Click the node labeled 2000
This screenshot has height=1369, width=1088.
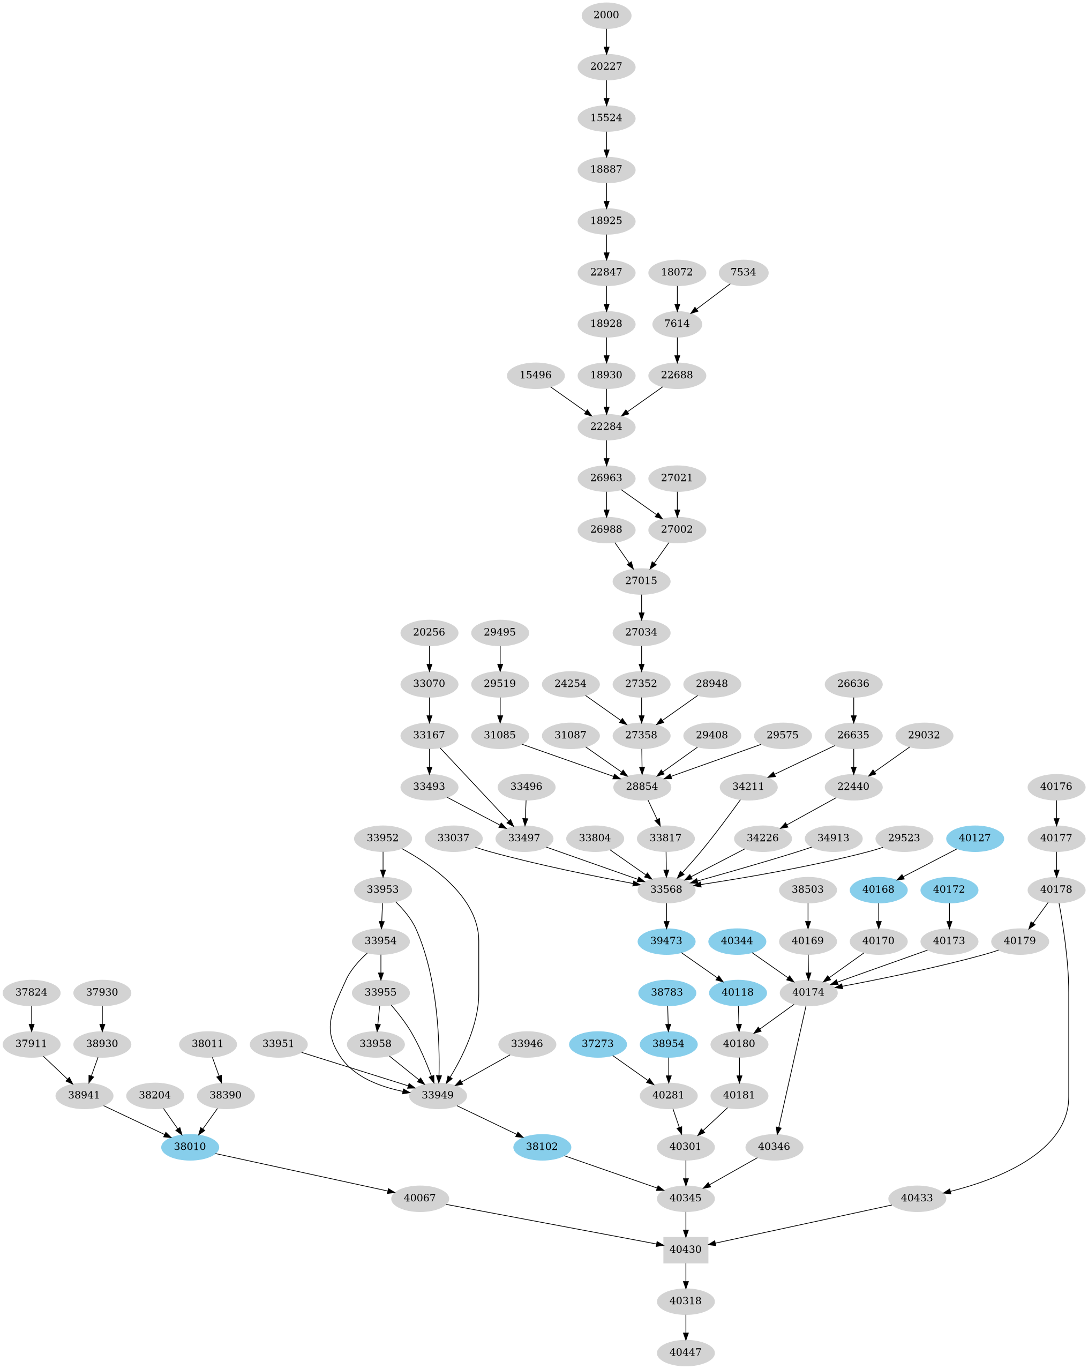coord(606,15)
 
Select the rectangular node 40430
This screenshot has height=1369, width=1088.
coord(686,1249)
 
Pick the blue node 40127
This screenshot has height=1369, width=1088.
coord(974,838)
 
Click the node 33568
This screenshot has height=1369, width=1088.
coord(666,889)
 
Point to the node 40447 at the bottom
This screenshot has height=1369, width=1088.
coord(686,1352)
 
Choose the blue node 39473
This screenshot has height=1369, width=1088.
coord(666,940)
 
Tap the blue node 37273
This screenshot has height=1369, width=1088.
coord(598,1044)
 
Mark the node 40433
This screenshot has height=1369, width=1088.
coord(917,1198)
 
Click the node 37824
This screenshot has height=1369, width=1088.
coord(32,992)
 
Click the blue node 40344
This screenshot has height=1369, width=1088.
coord(737,940)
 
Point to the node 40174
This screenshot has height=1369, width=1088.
coord(808,992)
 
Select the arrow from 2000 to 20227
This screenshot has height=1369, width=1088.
coord(606,40)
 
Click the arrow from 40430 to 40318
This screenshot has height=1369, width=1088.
coord(686,1274)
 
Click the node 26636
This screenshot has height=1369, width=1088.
coord(854,684)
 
